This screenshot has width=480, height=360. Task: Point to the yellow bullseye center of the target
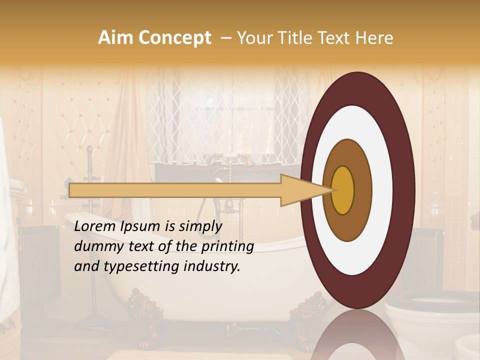pos(343,190)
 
